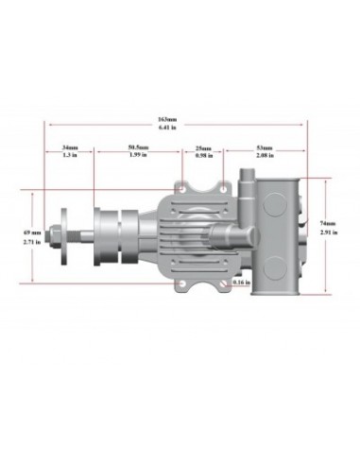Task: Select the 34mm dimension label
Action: click(70, 148)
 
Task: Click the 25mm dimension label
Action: click(203, 148)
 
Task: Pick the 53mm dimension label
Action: click(264, 148)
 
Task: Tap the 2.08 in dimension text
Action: click(264, 156)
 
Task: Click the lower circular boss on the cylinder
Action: click(274, 270)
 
